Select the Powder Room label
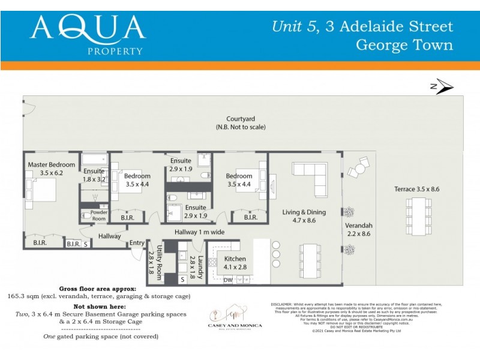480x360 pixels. point(98,215)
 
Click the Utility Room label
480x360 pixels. point(160,263)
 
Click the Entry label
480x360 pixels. point(137,243)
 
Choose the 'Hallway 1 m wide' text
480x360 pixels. point(199,232)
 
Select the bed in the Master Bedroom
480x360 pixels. point(42,189)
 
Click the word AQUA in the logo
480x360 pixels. point(88,28)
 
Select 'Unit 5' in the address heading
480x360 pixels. point(292,26)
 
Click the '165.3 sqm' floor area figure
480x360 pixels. point(24,296)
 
